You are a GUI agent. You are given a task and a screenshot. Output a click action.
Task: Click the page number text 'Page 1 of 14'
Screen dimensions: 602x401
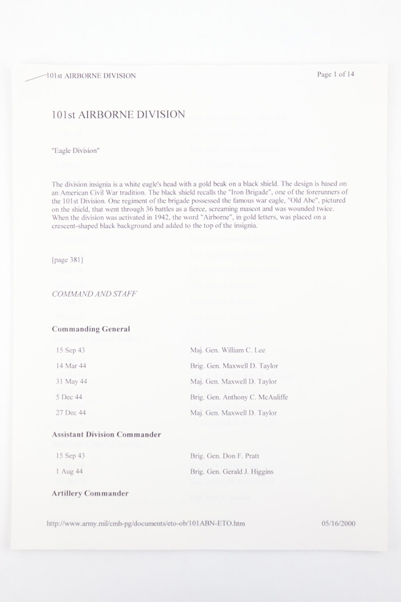click(336, 75)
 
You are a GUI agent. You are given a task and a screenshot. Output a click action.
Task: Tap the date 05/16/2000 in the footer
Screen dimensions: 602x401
click(338, 523)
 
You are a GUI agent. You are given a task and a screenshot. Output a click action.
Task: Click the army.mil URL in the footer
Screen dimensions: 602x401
click(146, 523)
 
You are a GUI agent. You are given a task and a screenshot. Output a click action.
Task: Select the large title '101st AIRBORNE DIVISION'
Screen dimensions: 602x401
click(118, 115)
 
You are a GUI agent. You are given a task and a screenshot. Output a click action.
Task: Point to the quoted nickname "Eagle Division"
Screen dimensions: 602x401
click(75, 150)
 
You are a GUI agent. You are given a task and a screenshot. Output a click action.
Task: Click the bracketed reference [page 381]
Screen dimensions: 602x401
click(68, 260)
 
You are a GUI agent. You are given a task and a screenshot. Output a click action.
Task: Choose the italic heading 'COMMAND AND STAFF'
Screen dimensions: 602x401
click(94, 294)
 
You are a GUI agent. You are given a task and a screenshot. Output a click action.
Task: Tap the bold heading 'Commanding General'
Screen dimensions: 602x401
click(91, 329)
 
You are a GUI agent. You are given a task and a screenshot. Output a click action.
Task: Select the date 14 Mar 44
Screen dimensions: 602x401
click(68, 366)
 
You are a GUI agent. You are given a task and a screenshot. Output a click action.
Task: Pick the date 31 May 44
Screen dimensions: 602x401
click(72, 382)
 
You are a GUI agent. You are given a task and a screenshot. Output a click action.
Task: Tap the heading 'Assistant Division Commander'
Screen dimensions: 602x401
click(106, 434)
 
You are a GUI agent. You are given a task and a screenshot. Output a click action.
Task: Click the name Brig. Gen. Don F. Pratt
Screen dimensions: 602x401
click(225, 456)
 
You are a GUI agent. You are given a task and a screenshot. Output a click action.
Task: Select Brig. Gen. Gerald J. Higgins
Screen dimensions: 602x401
click(232, 472)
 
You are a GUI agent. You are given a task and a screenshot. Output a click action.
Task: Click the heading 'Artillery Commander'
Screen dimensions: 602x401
click(90, 493)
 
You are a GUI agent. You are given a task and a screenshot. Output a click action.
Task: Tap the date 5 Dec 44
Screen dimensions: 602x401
click(69, 397)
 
